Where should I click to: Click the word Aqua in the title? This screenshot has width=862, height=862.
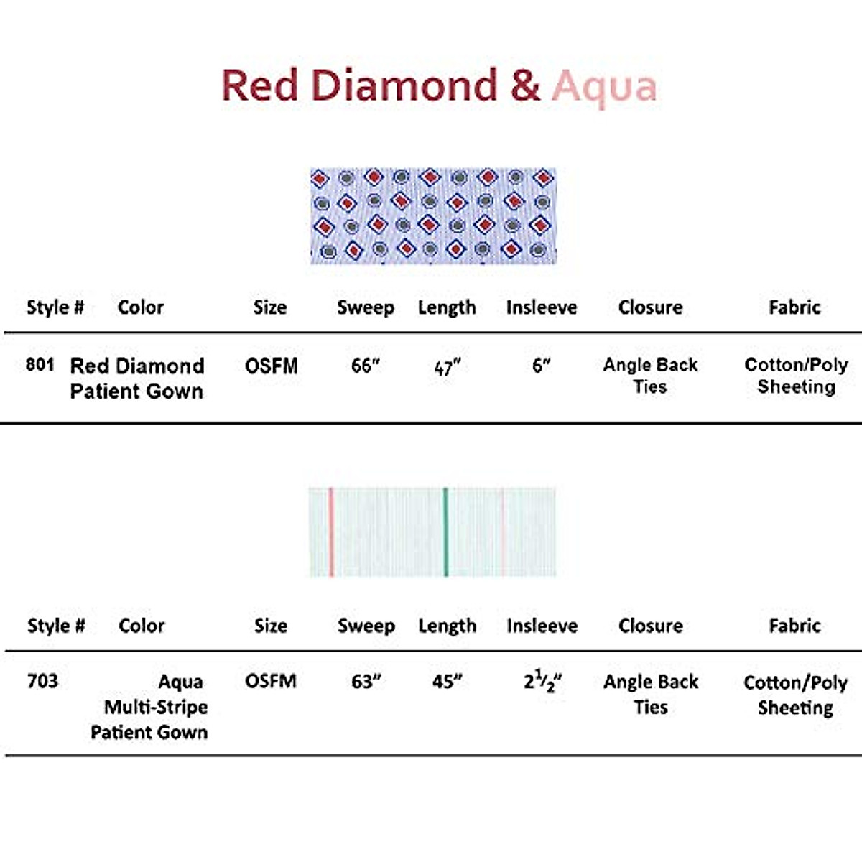pyautogui.click(x=604, y=87)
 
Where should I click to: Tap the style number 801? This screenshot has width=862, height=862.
pyautogui.click(x=40, y=365)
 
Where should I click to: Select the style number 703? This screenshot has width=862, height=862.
pyautogui.click(x=42, y=680)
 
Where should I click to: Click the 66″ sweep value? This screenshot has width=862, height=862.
pyautogui.click(x=365, y=366)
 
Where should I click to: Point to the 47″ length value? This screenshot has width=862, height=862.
pyautogui.click(x=446, y=368)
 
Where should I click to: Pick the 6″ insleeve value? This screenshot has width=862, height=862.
pyautogui.click(x=541, y=366)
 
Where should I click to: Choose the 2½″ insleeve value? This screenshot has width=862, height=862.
pyautogui.click(x=542, y=681)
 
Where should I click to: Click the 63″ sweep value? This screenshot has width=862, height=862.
pyautogui.click(x=366, y=681)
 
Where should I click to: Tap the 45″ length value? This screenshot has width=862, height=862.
pyautogui.click(x=447, y=681)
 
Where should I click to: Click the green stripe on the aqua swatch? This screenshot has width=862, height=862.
pyautogui.click(x=445, y=532)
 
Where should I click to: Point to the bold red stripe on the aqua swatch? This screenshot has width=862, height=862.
pyautogui.click(x=331, y=532)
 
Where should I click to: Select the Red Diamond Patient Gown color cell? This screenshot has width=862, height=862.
pyautogui.click(x=136, y=378)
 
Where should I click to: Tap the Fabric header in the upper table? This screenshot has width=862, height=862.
pyautogui.click(x=794, y=307)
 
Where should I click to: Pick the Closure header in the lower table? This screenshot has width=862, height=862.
pyautogui.click(x=650, y=626)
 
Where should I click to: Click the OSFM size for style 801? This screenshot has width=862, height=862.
pyautogui.click(x=271, y=366)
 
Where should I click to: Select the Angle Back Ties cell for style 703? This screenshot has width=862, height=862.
pyautogui.click(x=650, y=694)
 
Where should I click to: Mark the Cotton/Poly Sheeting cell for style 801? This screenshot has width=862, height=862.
pyautogui.click(x=796, y=376)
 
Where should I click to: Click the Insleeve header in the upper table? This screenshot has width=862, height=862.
pyautogui.click(x=541, y=307)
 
